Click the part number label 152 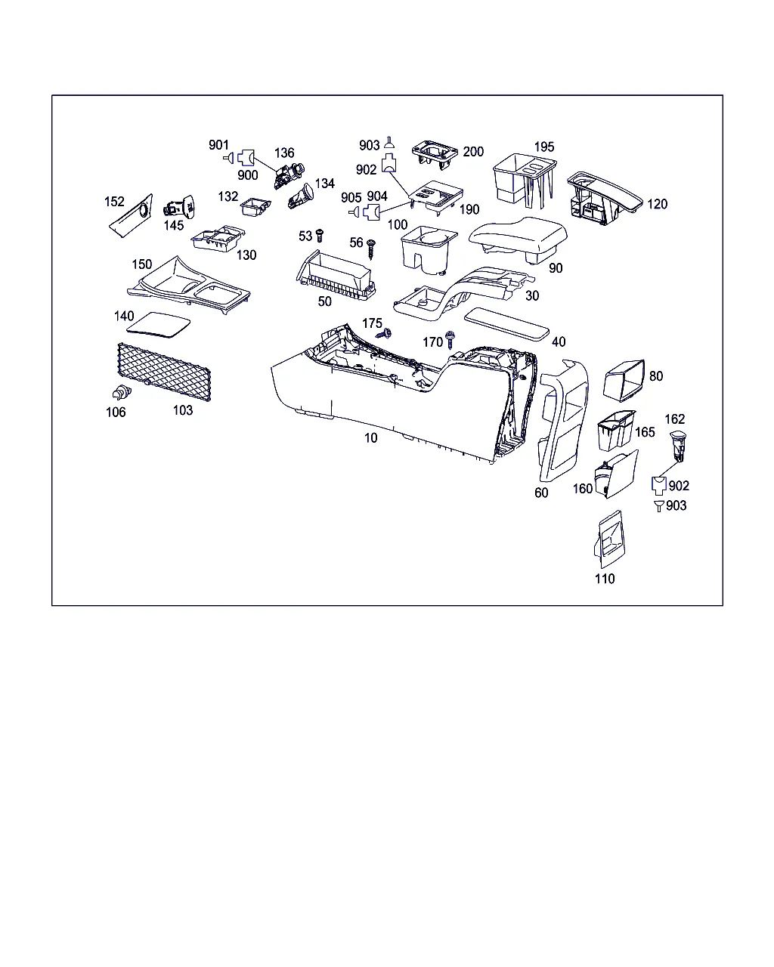click(114, 201)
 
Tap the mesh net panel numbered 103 click(164, 372)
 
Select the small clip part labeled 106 click(122, 392)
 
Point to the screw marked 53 click(320, 236)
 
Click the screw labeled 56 click(371, 249)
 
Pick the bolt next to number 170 click(450, 340)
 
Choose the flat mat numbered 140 click(158, 324)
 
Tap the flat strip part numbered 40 click(506, 324)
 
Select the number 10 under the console click(370, 437)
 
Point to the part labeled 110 click(609, 539)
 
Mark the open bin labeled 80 click(624, 380)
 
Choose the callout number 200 click(473, 151)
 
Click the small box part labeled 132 click(255, 207)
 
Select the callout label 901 click(218, 145)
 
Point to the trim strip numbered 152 click(132, 216)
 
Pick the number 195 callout click(544, 147)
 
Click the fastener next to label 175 click(384, 334)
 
